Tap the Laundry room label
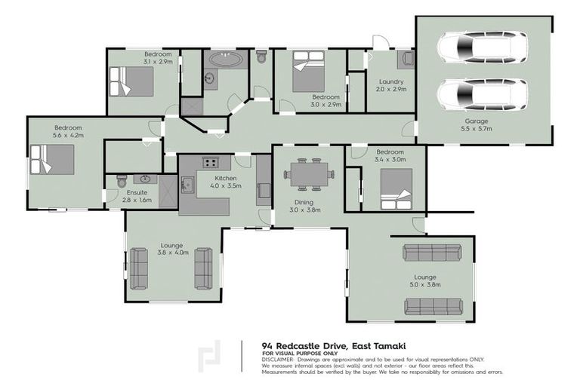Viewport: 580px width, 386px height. click(391, 81)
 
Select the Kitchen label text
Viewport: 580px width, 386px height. click(205, 178)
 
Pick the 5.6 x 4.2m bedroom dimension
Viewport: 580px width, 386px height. click(68, 136)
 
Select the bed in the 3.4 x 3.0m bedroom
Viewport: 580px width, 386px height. click(395, 188)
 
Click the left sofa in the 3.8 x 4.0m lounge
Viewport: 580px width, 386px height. click(140, 268)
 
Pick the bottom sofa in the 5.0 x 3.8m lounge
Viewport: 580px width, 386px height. click(433, 306)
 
